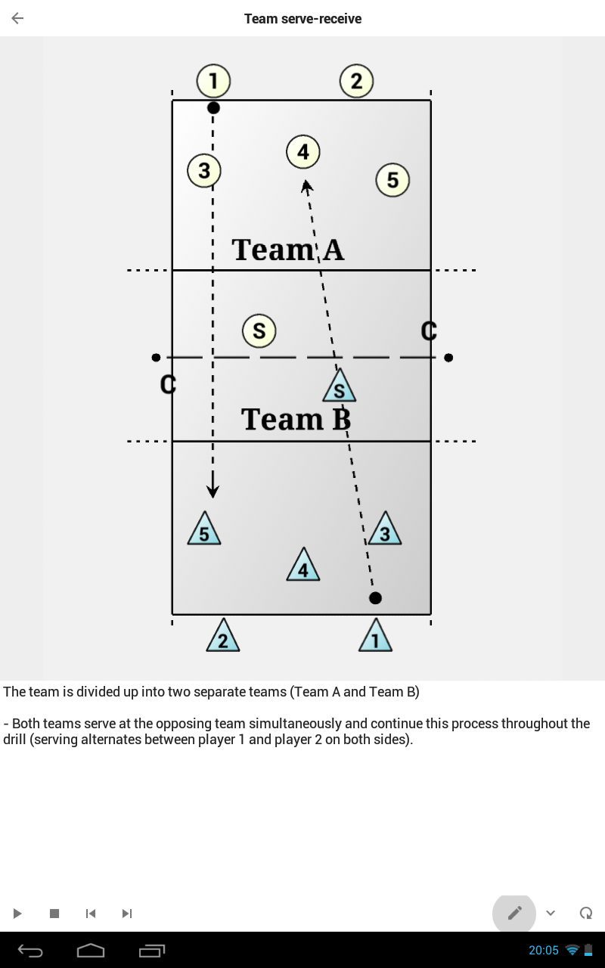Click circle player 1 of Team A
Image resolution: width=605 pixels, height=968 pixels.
(213, 81)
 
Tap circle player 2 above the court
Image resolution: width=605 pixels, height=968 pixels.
(356, 81)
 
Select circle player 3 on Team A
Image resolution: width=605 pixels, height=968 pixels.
(204, 171)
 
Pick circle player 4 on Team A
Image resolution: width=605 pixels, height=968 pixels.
(303, 152)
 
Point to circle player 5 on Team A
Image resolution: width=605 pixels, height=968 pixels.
(392, 180)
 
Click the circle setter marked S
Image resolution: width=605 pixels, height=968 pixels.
(259, 331)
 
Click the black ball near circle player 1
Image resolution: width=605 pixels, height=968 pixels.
(213, 107)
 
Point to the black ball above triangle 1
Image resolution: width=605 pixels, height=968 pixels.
(376, 598)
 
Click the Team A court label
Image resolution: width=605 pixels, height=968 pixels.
(288, 250)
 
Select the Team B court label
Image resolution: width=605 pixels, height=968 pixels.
(296, 419)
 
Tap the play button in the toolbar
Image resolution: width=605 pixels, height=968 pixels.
(17, 913)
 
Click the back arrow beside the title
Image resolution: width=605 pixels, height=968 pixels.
(17, 18)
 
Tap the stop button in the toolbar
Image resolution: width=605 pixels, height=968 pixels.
(54, 913)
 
